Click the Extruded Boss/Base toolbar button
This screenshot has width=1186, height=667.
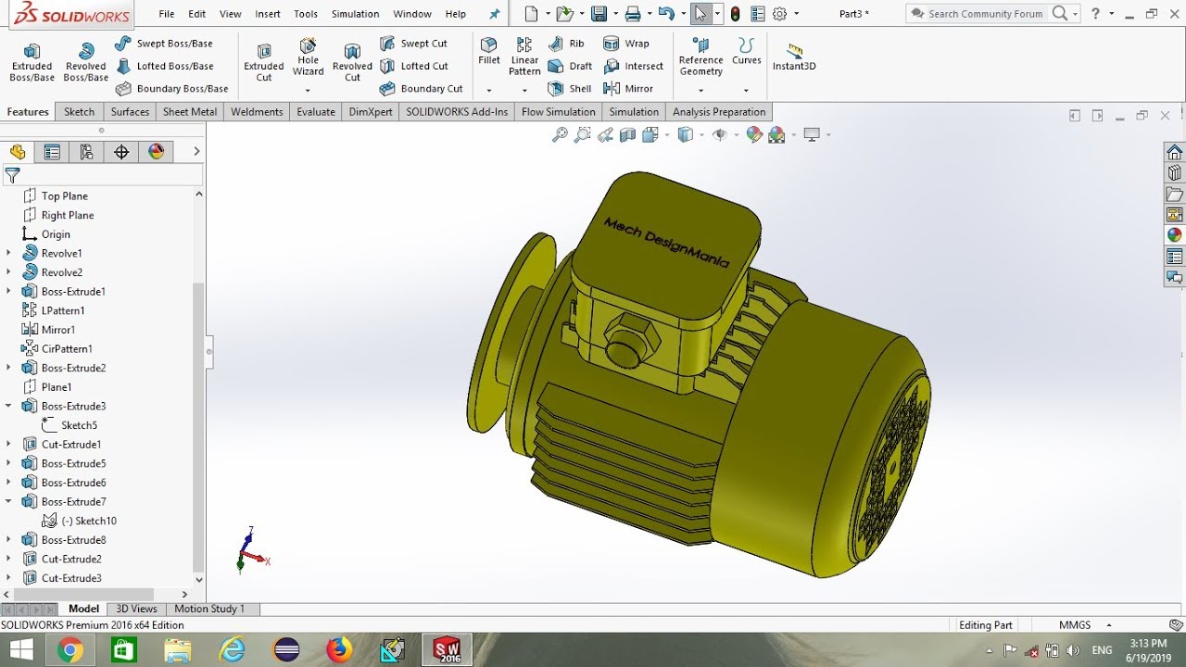coord(32,61)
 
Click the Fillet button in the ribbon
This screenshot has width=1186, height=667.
coord(488,52)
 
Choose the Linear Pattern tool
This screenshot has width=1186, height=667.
coord(524,57)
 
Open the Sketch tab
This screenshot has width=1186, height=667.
coord(79,111)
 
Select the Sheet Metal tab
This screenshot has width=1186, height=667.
coord(189,111)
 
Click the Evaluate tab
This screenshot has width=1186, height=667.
coord(315,111)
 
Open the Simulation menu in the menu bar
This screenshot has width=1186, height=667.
coord(355,14)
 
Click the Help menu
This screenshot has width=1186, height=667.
coord(455,14)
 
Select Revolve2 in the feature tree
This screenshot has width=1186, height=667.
coord(61,272)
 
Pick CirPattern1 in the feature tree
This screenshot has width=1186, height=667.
coord(67,348)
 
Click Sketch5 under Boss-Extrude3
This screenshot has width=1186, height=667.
coord(79,425)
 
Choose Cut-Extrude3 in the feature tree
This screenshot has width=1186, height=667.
coord(71,578)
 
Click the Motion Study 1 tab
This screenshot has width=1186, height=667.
coord(209,609)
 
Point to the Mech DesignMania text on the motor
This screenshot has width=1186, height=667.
coord(665,243)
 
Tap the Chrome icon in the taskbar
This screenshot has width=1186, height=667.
coord(70,650)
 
